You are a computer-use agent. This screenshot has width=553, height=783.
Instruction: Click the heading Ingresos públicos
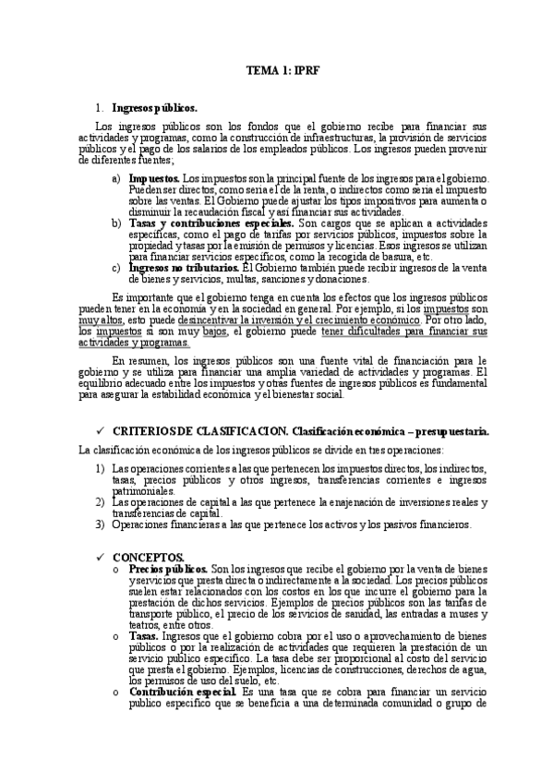click(153, 107)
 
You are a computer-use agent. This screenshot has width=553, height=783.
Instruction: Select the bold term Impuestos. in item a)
click(154, 176)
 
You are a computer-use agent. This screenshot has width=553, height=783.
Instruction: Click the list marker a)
click(115, 176)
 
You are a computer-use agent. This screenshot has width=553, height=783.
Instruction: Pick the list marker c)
click(115, 268)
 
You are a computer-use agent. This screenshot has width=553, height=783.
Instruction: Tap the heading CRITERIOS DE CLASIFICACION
click(198, 431)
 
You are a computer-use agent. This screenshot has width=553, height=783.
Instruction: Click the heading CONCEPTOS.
click(149, 557)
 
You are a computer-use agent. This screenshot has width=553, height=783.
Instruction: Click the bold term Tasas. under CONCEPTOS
click(143, 636)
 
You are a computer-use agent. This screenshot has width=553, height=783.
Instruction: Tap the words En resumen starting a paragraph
click(135, 361)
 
